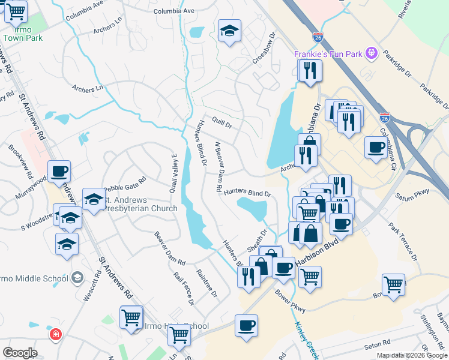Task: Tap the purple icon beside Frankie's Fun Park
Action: tap(372, 54)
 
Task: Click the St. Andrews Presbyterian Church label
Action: tap(137, 204)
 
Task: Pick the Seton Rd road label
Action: tap(373, 345)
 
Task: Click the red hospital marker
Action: tap(56, 333)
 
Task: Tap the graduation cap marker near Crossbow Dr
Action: tap(229, 31)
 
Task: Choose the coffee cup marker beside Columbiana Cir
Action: tap(376, 147)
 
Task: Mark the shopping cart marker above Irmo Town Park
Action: tap(16, 10)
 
